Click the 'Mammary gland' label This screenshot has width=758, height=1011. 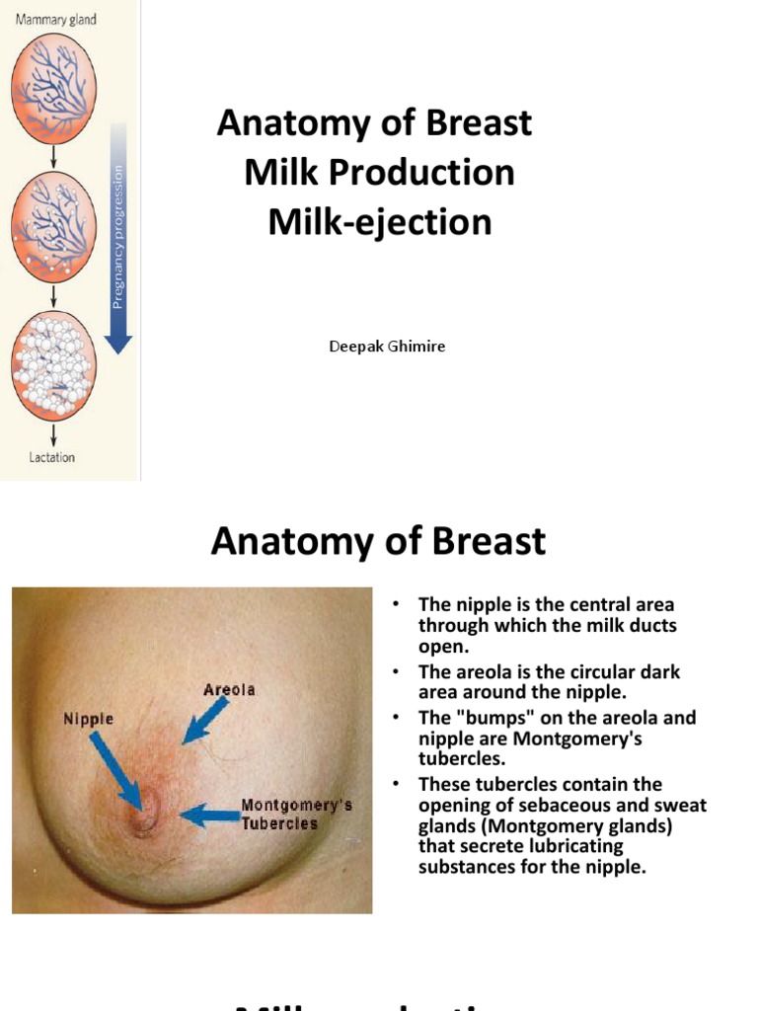point(54,20)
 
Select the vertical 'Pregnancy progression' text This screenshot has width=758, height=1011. point(118,237)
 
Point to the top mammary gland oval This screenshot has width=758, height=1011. point(54,88)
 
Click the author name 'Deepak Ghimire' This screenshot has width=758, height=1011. point(387,347)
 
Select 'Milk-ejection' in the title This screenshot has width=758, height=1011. point(379,221)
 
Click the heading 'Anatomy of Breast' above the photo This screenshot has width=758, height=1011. point(378,541)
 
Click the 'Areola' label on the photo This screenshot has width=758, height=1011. point(229,689)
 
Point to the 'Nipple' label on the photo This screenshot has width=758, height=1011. point(88,720)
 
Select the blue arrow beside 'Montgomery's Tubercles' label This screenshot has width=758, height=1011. point(210,817)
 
